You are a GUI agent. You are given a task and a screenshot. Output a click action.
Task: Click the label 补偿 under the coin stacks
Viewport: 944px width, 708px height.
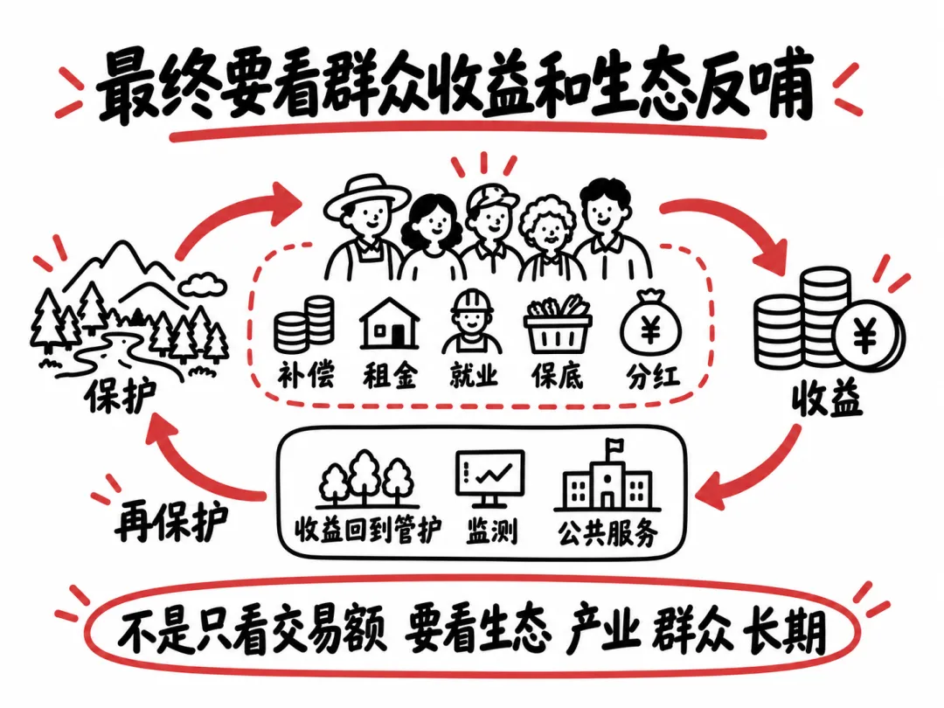306,375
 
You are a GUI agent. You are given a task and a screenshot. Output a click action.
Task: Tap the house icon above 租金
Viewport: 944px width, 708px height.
390,323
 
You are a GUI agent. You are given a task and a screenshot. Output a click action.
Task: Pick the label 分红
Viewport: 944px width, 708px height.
653,376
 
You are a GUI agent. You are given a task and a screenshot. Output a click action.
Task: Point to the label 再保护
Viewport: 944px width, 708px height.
171,523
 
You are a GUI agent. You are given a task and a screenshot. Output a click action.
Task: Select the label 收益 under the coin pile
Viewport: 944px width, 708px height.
827,399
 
